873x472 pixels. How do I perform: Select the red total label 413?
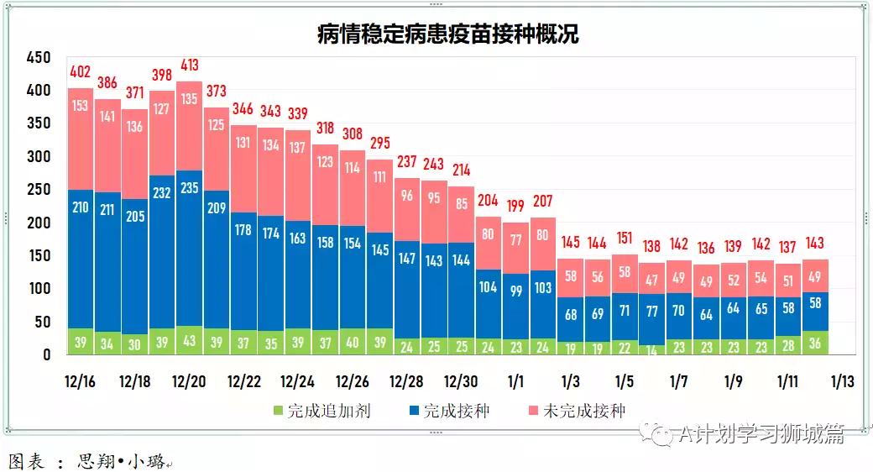click(x=190, y=65)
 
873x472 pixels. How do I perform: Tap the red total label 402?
click(x=81, y=73)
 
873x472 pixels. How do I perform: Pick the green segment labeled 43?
click(x=190, y=341)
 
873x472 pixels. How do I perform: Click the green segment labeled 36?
click(x=816, y=343)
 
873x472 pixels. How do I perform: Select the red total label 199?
click(x=516, y=206)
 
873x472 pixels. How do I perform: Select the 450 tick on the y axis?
click(x=39, y=58)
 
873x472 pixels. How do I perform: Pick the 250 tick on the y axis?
click(x=39, y=190)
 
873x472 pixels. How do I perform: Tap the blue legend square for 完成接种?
click(x=414, y=412)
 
